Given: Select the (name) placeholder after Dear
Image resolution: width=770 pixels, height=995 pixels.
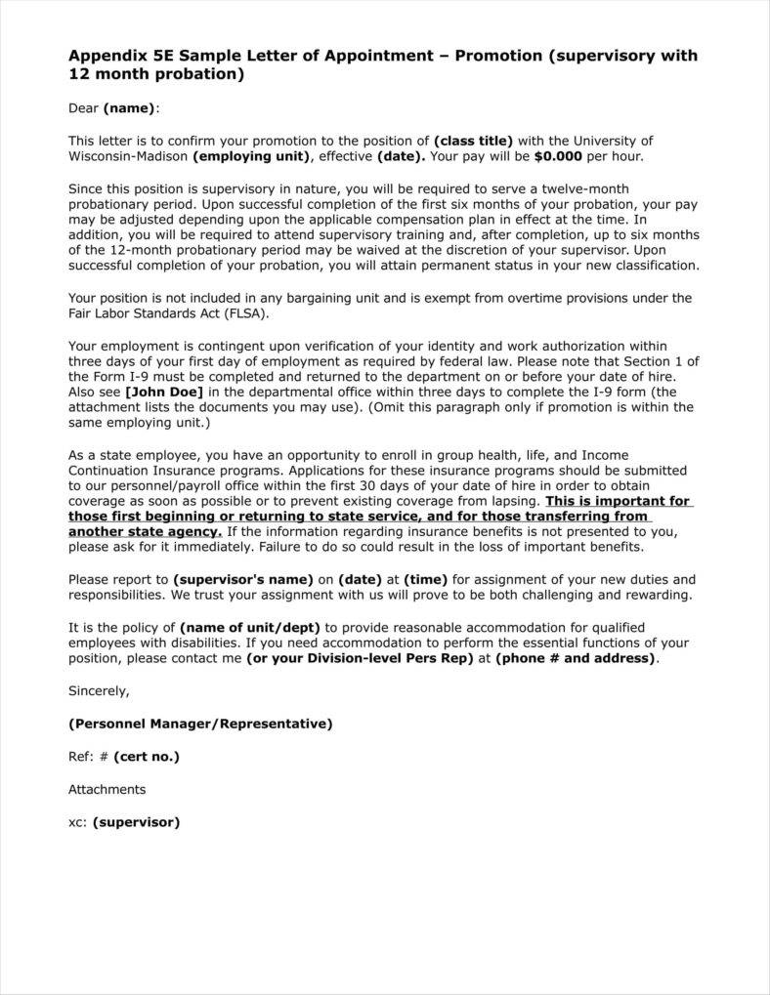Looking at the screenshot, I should (129, 108).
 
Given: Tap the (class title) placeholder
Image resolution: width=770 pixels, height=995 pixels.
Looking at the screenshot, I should (473, 141).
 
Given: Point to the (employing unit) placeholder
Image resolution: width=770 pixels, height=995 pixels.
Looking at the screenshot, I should (252, 156).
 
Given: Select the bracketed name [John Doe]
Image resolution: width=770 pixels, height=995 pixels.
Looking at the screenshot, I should (163, 392).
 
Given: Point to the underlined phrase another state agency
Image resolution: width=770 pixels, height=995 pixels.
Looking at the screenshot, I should (145, 532).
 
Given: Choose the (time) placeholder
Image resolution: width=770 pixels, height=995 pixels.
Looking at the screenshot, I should (425, 579).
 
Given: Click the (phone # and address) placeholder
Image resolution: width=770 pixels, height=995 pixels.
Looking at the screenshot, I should (576, 658).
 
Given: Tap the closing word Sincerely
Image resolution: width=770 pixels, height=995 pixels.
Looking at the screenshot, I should (98, 690).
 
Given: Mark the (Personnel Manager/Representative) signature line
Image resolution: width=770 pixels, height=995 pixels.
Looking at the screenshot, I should (200, 724).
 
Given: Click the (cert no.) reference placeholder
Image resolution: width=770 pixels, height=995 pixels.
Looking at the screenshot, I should (147, 756).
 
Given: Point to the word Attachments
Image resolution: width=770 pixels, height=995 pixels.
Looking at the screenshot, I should (107, 789).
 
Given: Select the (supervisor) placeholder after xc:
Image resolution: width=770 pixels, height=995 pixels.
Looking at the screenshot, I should (137, 822).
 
